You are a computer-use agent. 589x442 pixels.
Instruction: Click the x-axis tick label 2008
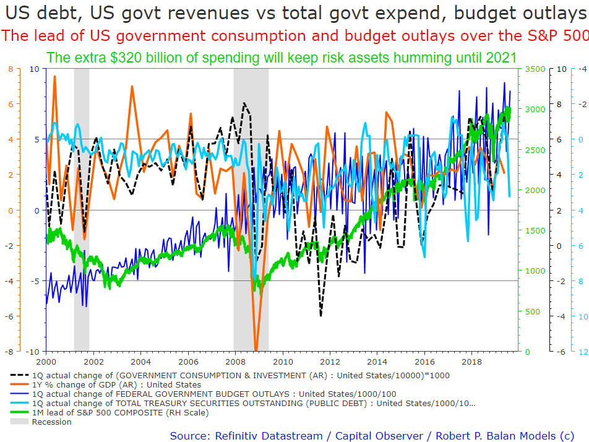point(235,362)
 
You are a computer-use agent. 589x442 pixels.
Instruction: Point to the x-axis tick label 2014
point(377,362)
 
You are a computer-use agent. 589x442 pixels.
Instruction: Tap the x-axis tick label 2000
point(46,362)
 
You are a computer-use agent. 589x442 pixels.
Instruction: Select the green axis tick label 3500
point(535,69)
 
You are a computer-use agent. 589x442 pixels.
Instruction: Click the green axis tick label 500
point(532,311)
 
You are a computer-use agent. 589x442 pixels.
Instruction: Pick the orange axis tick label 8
point(11,69)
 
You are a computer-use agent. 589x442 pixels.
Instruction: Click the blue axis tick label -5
point(34,281)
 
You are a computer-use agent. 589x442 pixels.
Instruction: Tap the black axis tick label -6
point(561,352)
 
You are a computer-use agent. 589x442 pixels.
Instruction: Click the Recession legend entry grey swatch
point(19,422)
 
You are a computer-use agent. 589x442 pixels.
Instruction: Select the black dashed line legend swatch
point(19,375)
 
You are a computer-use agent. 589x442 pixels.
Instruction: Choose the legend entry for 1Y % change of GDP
point(116,384)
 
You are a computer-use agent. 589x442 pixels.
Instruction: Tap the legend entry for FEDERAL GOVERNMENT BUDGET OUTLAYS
point(214,394)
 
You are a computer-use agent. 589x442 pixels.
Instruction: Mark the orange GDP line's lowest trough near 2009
point(256,350)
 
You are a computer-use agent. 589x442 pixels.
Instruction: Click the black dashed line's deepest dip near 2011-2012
point(320,315)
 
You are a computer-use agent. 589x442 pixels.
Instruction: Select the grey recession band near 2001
point(82,210)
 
